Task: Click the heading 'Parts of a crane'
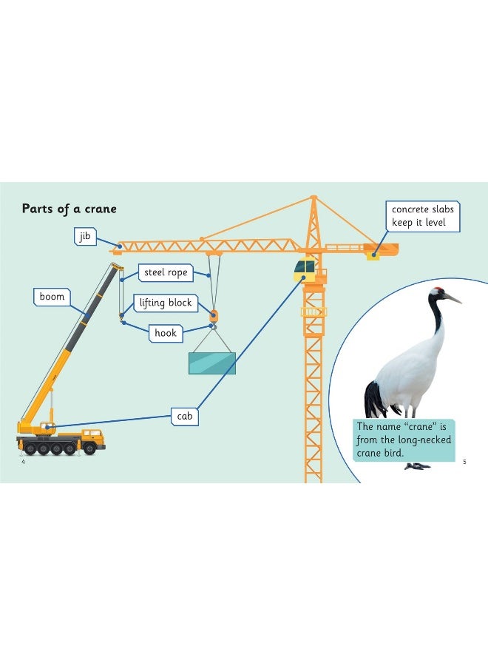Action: [x=69, y=209]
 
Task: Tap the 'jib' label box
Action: [x=86, y=236]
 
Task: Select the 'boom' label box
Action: [x=52, y=297]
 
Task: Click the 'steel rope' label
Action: [x=166, y=272]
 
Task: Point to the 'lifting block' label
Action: [x=165, y=303]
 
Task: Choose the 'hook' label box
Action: [x=166, y=333]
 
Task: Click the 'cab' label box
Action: [x=184, y=417]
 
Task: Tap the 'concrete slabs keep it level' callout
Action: [x=422, y=216]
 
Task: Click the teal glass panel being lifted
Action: [x=211, y=363]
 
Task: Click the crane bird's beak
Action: [x=453, y=297]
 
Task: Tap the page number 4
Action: [x=24, y=462]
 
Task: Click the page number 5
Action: [x=464, y=462]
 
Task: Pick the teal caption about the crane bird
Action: [x=404, y=440]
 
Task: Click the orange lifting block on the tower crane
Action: [x=214, y=316]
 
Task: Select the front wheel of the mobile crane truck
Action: [x=90, y=447]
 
